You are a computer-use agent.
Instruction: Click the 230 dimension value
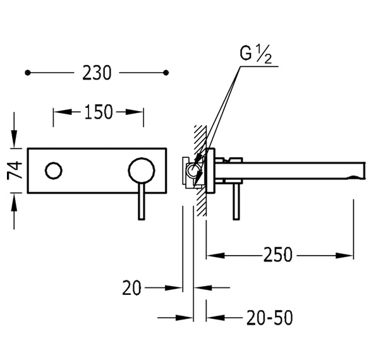coord(97,73)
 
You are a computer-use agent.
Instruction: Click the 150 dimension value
coord(99,112)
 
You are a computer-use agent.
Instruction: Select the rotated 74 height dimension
coord(15,171)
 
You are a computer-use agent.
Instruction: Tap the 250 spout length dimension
coord(278,255)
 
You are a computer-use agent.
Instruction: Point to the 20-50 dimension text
coord(269,318)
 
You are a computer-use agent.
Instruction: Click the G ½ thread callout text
coord(255,54)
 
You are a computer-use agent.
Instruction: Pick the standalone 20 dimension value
coord(131,287)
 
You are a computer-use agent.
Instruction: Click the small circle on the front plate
coord(54,171)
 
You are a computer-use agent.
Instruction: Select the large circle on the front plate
coord(142,171)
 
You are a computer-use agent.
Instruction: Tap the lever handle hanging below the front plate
coord(141,201)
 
